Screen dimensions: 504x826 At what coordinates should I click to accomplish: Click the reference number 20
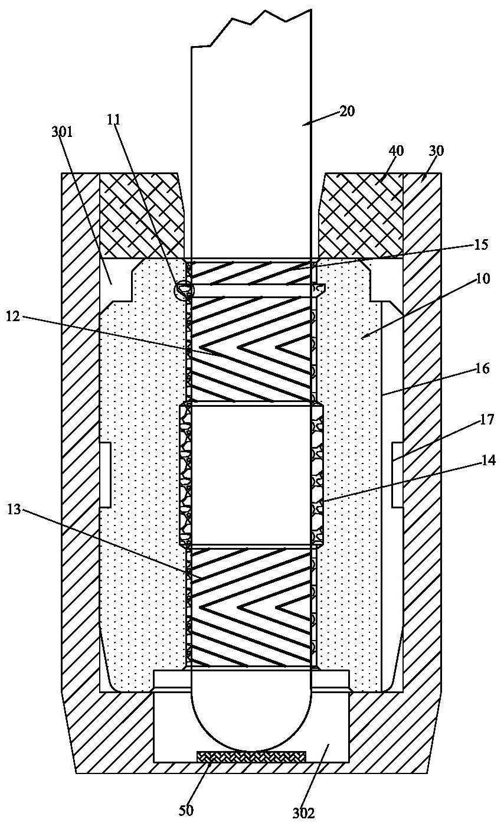tap(346, 111)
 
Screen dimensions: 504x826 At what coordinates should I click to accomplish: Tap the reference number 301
tap(62, 132)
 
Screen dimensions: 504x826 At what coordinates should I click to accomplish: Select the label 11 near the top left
tap(114, 119)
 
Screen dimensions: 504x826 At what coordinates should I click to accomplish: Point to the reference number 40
tap(396, 151)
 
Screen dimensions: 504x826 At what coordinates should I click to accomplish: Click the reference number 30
tap(436, 151)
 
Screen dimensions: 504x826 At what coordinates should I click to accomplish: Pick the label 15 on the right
tap(480, 244)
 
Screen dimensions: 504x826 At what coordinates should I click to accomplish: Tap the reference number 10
tap(483, 279)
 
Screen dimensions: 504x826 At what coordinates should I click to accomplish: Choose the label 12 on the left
tap(14, 316)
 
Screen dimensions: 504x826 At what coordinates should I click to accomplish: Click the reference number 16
tap(482, 368)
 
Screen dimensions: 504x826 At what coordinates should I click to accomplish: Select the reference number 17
tap(486, 419)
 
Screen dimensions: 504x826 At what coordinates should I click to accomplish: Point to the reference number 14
tap(488, 460)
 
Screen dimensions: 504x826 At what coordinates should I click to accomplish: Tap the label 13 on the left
tap(14, 511)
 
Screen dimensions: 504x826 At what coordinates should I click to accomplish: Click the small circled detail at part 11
tap(184, 290)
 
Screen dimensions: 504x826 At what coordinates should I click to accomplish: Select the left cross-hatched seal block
tap(142, 216)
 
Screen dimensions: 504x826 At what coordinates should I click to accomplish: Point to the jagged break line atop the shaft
tap(251, 28)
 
